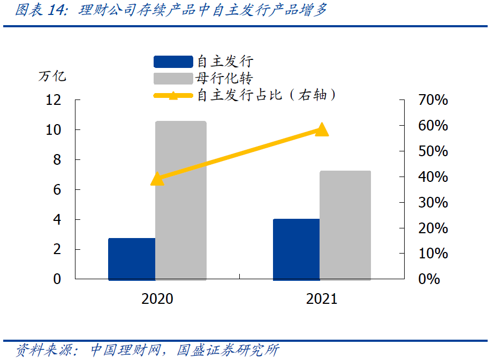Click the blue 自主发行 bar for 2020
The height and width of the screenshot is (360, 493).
pyautogui.click(x=132, y=259)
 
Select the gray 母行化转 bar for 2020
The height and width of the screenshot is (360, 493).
pyautogui.click(x=181, y=201)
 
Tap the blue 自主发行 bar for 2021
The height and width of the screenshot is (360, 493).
pyautogui.click(x=296, y=249)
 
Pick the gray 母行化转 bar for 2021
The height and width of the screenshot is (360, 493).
pyautogui.click(x=345, y=225)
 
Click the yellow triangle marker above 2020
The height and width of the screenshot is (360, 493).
pyautogui.click(x=157, y=179)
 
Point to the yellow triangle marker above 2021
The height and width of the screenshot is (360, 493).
pyautogui.click(x=321, y=129)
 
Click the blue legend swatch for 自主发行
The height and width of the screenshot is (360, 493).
pyautogui.click(x=172, y=62)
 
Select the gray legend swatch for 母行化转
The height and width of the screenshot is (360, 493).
pyautogui.click(x=172, y=79)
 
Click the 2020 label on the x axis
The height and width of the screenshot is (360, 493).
pyautogui.click(x=157, y=298)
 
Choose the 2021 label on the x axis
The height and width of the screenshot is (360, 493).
pyautogui.click(x=322, y=298)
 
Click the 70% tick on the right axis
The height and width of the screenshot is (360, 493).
pyautogui.click(x=433, y=100)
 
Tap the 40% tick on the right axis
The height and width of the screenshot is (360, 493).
pyautogui.click(x=433, y=177)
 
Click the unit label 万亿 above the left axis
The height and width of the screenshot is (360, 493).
pyautogui.click(x=52, y=76)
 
